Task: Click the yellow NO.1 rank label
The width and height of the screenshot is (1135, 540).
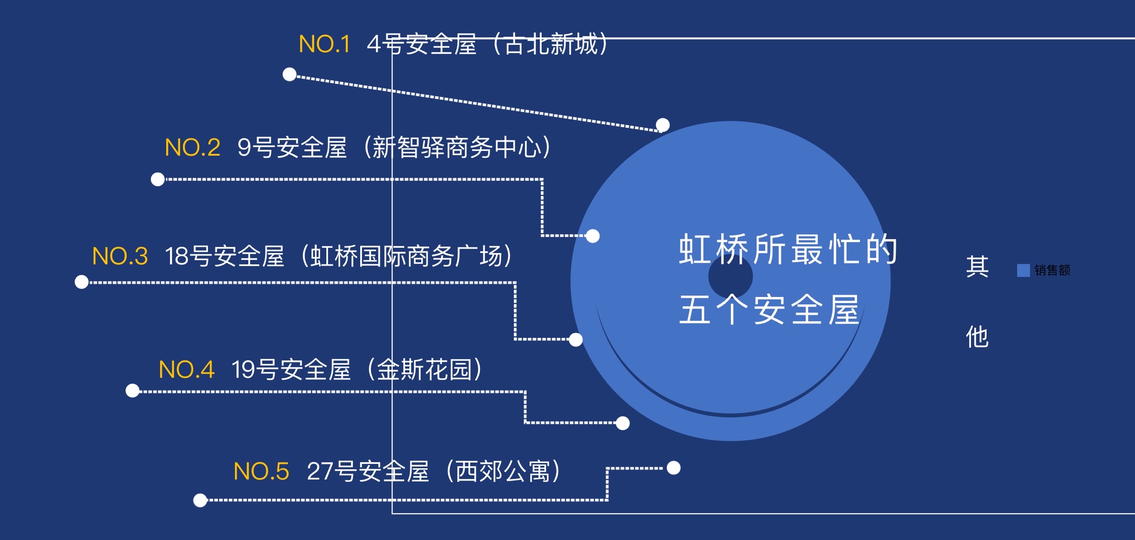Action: pyautogui.click(x=324, y=44)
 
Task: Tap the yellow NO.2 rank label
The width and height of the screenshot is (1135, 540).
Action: pyautogui.click(x=193, y=148)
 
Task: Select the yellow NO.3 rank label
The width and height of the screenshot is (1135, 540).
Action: pyautogui.click(x=120, y=256)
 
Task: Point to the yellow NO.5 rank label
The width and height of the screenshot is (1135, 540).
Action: pyautogui.click(x=261, y=472)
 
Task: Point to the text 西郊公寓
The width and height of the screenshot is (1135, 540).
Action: pyautogui.click(x=503, y=472)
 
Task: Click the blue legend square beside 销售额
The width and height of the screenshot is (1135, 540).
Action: pyautogui.click(x=1023, y=270)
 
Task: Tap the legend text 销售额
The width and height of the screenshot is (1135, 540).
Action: pyautogui.click(x=1052, y=270)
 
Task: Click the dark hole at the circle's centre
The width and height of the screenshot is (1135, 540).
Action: pyautogui.click(x=730, y=276)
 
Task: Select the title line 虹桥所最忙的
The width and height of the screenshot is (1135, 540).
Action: pyautogui.click(x=788, y=249)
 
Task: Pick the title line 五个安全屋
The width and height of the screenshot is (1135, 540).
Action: pyautogui.click(x=769, y=309)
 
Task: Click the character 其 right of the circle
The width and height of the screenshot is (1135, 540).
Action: pyautogui.click(x=977, y=266)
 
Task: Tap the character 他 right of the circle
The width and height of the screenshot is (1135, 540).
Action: pyautogui.click(x=977, y=337)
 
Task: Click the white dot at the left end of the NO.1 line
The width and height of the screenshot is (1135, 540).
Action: pyautogui.click(x=289, y=74)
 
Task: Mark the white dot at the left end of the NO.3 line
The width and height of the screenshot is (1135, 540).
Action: pyautogui.click(x=82, y=282)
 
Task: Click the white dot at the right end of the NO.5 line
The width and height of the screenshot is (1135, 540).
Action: pyautogui.click(x=674, y=468)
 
